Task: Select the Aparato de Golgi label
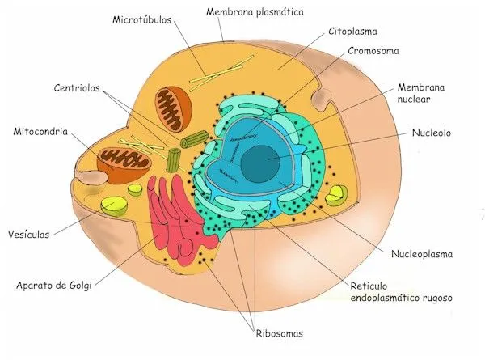tap(53, 284)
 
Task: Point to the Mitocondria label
tap(40, 130)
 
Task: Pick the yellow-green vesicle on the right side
tap(336, 194)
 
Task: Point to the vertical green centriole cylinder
tap(173, 159)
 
